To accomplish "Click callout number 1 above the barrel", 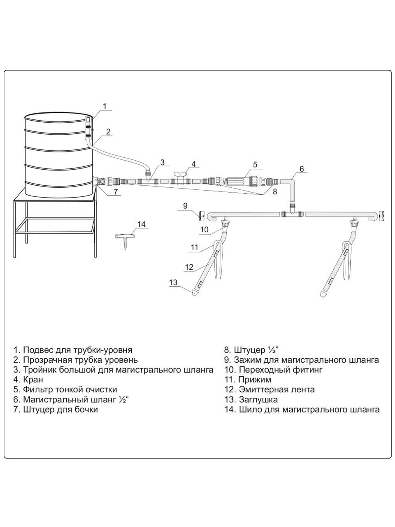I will click(105, 106).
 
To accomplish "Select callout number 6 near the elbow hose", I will click(301, 169).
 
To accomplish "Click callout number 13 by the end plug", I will click(173, 282).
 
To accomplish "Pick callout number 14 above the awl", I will click(142, 224).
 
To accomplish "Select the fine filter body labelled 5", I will click(235, 181).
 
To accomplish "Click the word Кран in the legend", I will click(33, 379).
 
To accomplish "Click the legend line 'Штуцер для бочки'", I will click(60, 410).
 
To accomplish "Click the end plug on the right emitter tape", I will click(325, 294).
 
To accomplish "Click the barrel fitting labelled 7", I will click(99, 181).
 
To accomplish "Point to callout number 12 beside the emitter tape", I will click(189, 267).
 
